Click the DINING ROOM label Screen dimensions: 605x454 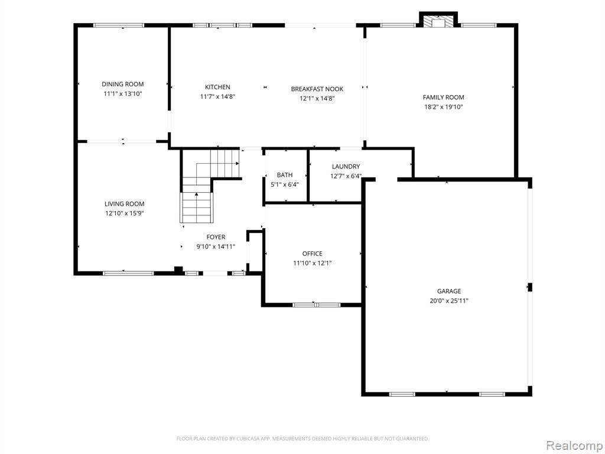(123, 84)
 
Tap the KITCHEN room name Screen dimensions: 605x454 (217, 87)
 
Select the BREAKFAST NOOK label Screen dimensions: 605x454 (317, 89)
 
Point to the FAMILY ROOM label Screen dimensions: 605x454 (443, 98)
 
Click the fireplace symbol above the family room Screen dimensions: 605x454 (438, 22)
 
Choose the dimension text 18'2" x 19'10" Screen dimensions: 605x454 (443, 108)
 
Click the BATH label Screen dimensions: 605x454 (285, 175)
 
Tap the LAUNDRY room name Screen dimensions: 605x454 (346, 167)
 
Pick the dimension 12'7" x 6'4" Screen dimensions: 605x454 (346, 176)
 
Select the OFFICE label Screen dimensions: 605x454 (313, 254)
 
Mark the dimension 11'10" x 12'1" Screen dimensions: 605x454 (313, 263)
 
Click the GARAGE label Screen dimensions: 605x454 (449, 291)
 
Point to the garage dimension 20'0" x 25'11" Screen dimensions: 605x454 (449, 301)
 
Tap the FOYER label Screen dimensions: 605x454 (216, 238)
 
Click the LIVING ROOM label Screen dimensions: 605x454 (125, 204)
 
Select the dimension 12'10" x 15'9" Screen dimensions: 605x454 (125, 213)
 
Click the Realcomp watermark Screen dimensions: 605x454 (574, 446)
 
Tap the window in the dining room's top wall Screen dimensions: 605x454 (119, 25)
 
